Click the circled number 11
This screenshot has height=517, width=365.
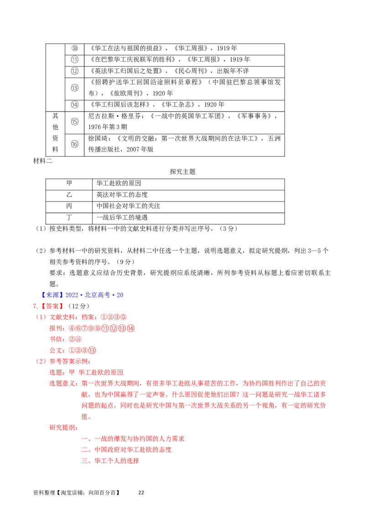click(75, 60)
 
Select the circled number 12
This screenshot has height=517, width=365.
click(75, 71)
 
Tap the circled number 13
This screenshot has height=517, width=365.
click(75, 87)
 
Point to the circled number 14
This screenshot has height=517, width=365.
click(75, 105)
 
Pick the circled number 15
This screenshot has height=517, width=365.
click(75, 121)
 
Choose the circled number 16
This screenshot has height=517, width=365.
click(75, 144)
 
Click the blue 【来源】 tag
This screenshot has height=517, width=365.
click(52, 295)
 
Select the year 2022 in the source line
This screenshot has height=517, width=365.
click(72, 295)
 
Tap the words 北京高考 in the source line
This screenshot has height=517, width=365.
click(97, 295)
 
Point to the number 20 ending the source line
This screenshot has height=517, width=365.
click(120, 295)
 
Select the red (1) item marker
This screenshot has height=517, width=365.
click(41, 317)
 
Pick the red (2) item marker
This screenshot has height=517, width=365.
click(41, 361)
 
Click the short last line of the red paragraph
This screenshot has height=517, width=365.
click(86, 417)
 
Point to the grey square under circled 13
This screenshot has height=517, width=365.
click(77, 93)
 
